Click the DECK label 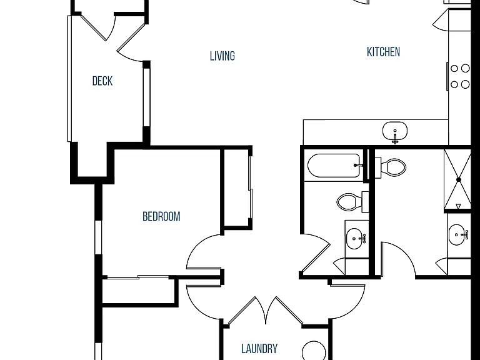[x=102, y=81]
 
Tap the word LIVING [x=222, y=56]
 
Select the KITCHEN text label [x=383, y=52]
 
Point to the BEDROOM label [x=161, y=216]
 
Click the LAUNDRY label [x=259, y=349]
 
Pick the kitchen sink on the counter [x=395, y=132]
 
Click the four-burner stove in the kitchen [x=459, y=76]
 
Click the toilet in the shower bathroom [x=391, y=167]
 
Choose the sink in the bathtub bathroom [x=356, y=239]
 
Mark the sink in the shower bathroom [x=458, y=235]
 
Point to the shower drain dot [x=459, y=180]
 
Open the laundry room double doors [x=266, y=311]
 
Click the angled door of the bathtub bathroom [x=315, y=254]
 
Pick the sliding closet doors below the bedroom [x=137, y=277]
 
